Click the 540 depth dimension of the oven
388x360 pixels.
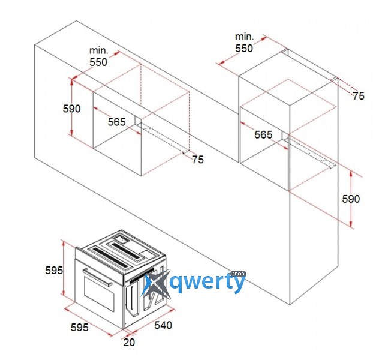[163, 325]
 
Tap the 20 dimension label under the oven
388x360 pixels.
[129, 343]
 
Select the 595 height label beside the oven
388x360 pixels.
[54, 270]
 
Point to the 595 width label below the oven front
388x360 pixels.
[79, 328]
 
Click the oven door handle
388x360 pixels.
[97, 277]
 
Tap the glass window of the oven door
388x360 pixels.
[99, 293]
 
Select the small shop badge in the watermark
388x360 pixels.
[238, 274]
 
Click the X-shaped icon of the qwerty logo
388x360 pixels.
[156, 285]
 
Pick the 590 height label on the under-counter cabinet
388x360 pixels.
[71, 109]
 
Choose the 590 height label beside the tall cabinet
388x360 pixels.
[351, 199]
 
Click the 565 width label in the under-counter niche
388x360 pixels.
[116, 122]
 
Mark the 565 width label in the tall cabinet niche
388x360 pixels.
[263, 134]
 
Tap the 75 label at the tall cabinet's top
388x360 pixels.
[359, 96]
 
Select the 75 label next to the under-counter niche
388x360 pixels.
[198, 160]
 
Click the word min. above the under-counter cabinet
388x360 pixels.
[99, 50]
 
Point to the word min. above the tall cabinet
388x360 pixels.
[245, 37]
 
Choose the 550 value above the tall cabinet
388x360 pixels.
[244, 48]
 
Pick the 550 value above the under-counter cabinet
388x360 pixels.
[98, 62]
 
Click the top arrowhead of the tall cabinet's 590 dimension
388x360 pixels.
[351, 173]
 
